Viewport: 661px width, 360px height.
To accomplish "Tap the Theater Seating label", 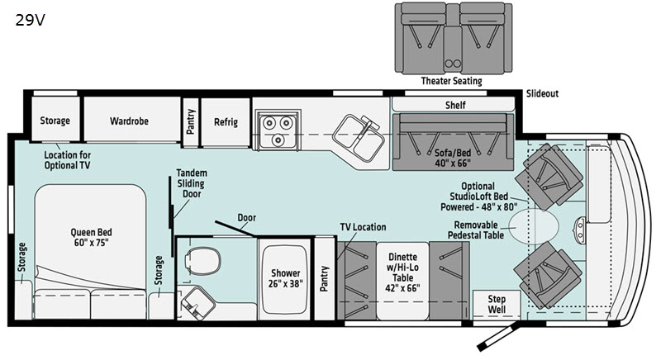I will (451, 81).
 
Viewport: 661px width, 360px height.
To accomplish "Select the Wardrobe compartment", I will (129, 121).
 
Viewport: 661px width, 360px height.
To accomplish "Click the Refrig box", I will (226, 121).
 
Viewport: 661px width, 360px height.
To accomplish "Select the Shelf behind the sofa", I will (455, 106).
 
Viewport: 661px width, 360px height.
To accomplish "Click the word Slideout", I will (542, 94).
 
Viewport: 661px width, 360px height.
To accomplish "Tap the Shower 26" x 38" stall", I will (283, 278).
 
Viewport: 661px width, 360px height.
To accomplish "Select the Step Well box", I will (495, 302).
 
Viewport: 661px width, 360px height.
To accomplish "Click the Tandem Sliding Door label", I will (192, 183).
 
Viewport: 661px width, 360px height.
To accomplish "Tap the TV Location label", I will (363, 227).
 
